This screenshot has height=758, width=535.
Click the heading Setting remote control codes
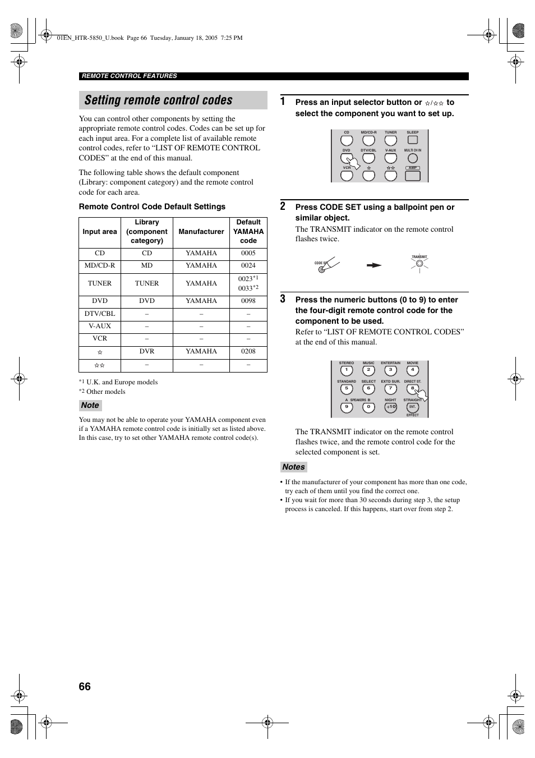point(159,100)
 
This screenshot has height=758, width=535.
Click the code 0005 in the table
point(248,253)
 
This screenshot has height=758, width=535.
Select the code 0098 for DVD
point(248,301)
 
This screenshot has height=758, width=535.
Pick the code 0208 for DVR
point(248,351)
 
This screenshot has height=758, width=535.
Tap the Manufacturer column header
point(201,232)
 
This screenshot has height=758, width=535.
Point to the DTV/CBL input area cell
point(100,314)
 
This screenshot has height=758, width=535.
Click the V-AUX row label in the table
point(100,326)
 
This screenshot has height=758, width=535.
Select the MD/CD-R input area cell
point(100,266)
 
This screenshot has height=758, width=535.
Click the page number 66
point(85,687)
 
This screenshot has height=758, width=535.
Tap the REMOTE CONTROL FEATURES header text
point(130,76)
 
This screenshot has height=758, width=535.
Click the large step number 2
point(283,206)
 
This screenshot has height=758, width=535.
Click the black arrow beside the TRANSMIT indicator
point(374,265)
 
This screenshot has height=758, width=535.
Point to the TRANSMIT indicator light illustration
point(419,263)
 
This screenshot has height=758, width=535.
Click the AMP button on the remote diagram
point(413,174)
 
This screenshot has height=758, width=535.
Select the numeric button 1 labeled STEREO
point(347,371)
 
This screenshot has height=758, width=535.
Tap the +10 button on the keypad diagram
point(391,408)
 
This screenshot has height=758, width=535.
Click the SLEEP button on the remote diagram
point(413,140)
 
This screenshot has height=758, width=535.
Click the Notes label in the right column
point(293,467)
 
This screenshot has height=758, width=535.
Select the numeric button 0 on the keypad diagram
point(368,408)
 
